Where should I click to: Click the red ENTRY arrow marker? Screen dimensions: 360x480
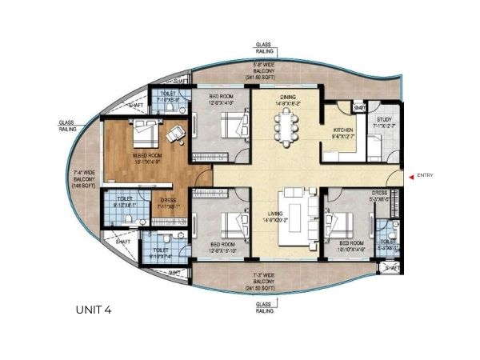(x=410, y=176)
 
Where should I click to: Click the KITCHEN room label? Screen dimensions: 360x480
(x=344, y=132)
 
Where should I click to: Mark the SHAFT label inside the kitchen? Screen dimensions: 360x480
(x=360, y=108)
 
